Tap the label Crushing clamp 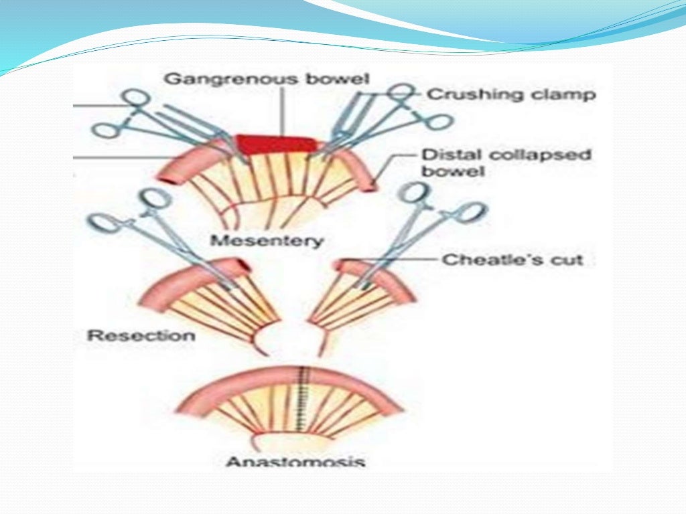(511, 94)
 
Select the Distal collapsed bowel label (506, 163)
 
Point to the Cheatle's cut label (512, 260)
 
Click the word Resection (141, 335)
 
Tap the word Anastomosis (295, 462)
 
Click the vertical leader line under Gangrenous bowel (282, 110)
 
